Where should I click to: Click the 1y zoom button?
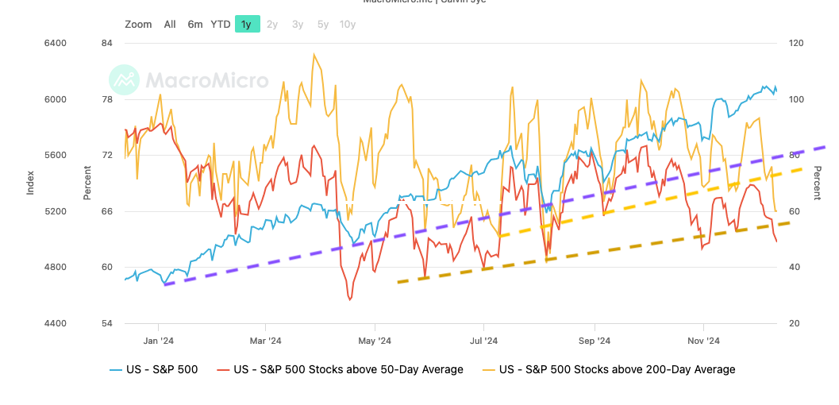(x=247, y=24)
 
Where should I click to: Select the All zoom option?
(x=170, y=24)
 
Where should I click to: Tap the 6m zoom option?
(x=195, y=24)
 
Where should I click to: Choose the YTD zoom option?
(x=221, y=24)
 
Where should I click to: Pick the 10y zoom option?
(x=348, y=24)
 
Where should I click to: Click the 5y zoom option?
(x=323, y=24)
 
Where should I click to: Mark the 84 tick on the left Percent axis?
(x=106, y=43)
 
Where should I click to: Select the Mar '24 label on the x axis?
(x=266, y=341)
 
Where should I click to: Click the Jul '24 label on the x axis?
(x=483, y=341)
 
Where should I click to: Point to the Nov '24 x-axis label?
(x=703, y=341)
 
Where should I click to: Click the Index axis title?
(x=30, y=183)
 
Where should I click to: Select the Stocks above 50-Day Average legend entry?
(x=341, y=369)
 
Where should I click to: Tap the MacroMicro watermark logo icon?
(x=124, y=80)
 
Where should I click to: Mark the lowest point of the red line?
(x=349, y=300)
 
